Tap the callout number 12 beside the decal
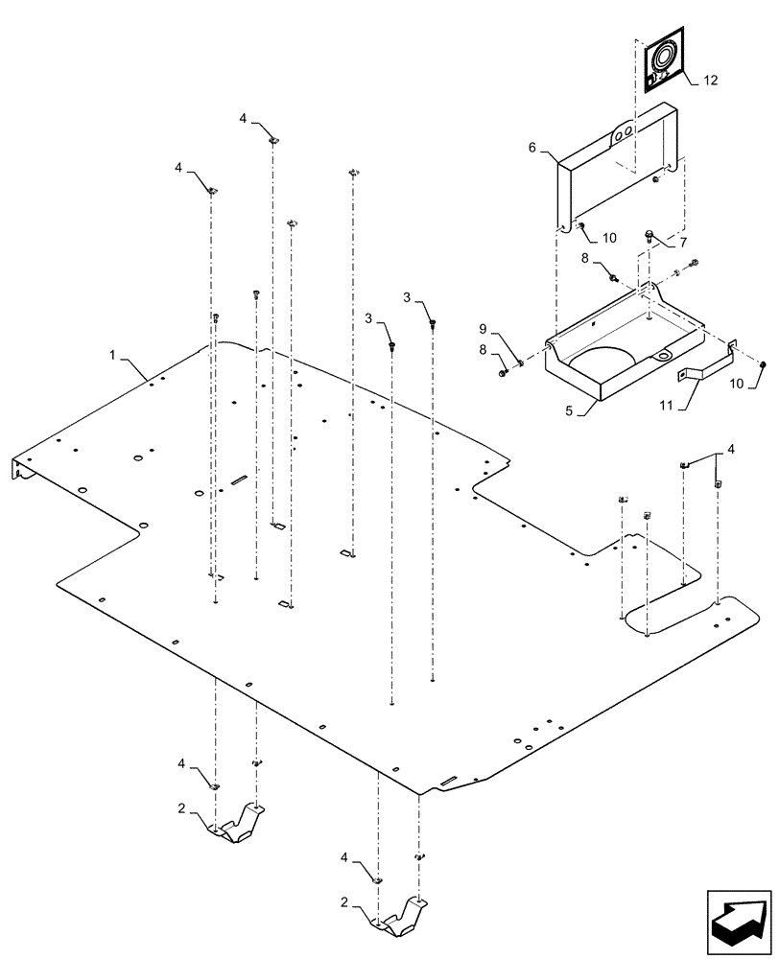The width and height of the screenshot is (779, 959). pyautogui.click(x=711, y=81)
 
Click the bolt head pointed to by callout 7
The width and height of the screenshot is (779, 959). pyautogui.click(x=649, y=233)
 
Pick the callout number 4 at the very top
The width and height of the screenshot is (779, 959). pyautogui.click(x=244, y=118)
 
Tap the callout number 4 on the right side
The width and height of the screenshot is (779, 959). pyautogui.click(x=731, y=448)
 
